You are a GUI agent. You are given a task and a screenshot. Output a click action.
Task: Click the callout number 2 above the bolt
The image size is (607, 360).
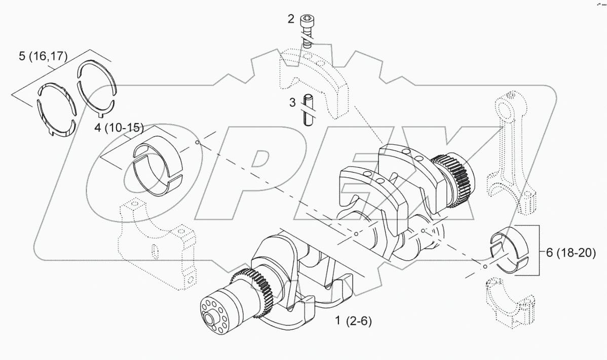tap(290, 19)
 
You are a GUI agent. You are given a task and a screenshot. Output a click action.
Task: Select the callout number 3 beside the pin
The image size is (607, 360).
tap(292, 102)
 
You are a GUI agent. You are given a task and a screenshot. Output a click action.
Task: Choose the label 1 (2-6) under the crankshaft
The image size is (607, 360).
tap(353, 321)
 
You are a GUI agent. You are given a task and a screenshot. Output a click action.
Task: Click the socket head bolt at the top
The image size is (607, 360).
tap(307, 30)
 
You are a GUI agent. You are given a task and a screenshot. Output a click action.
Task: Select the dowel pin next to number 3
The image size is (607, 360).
tap(307, 110)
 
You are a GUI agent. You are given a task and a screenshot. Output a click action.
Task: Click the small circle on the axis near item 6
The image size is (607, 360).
tap(485, 267)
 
